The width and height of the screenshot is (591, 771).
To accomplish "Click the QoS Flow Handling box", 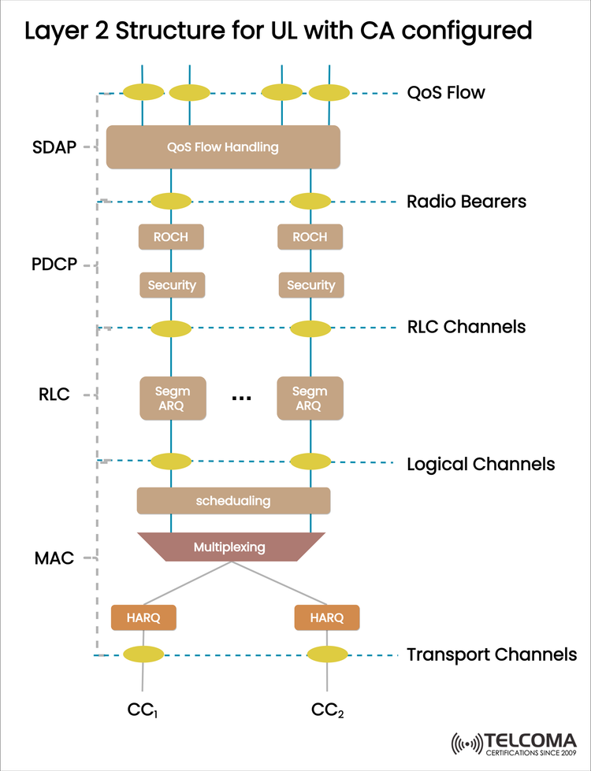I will (x=223, y=146).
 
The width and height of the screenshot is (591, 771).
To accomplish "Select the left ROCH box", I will (x=171, y=236).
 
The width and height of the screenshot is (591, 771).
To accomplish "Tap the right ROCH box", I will (x=310, y=236).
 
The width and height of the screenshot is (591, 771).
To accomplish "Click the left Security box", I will (x=172, y=285).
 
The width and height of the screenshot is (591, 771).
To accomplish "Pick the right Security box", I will (x=310, y=285).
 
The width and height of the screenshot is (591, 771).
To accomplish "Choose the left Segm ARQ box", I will (x=172, y=398).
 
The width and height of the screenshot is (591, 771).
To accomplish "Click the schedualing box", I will (x=233, y=500).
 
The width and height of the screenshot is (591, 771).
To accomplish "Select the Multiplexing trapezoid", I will (x=231, y=547).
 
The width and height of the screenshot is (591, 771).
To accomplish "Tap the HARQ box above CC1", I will (x=143, y=617).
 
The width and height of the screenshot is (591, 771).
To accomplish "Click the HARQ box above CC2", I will (x=327, y=617).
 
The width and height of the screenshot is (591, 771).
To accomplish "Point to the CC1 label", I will (x=143, y=711).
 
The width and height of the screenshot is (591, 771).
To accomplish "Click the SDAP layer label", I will (x=55, y=146).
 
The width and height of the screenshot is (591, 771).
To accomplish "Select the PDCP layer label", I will (x=55, y=264).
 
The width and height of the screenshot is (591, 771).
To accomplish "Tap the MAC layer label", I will (x=54, y=558).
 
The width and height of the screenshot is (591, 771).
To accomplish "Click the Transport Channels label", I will (x=492, y=654).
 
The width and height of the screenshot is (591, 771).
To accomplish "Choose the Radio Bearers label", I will (x=466, y=201).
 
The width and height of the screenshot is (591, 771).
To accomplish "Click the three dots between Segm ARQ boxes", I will (x=240, y=398).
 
